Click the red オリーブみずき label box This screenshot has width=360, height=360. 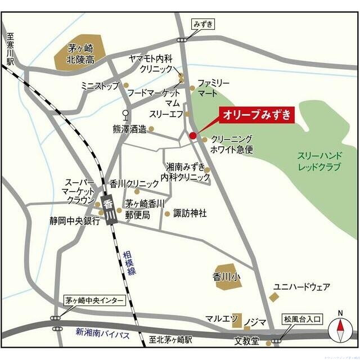(257, 115)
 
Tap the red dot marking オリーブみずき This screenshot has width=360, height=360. (193, 136)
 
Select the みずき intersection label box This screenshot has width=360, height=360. (204, 24)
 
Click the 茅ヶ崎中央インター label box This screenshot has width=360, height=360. (93, 301)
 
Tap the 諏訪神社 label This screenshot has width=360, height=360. (190, 213)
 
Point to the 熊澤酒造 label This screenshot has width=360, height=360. (129, 129)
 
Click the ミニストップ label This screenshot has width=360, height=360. (100, 85)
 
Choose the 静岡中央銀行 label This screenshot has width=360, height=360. (74, 221)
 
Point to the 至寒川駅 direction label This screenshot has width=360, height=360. (10, 48)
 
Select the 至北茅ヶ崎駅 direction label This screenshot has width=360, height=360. (170, 340)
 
